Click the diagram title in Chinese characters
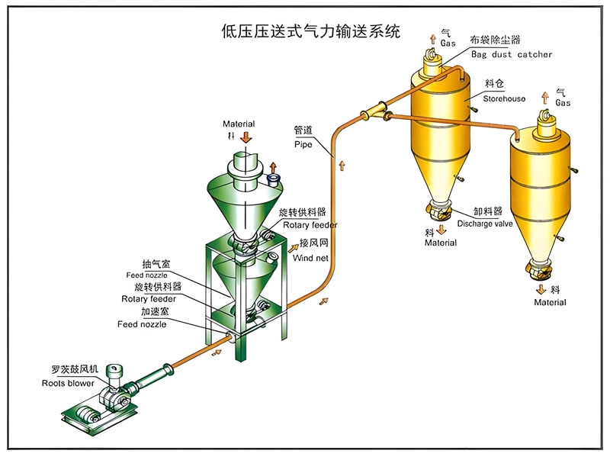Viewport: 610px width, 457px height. tap(310, 31)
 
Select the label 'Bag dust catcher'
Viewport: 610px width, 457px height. tap(511, 55)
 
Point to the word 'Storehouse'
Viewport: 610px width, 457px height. tap(504, 99)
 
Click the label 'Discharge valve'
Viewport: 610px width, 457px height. tap(484, 224)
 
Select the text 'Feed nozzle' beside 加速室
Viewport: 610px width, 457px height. tap(142, 324)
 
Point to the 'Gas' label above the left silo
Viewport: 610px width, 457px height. tap(448, 43)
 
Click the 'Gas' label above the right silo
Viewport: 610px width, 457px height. tap(563, 102)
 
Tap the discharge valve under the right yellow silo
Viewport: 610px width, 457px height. tap(538, 269)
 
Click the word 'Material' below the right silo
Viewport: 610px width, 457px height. tap(550, 303)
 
